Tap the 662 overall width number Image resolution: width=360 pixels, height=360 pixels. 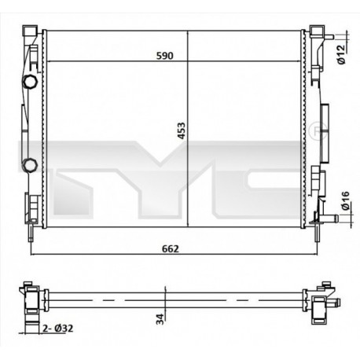pyautogui.click(x=171, y=249)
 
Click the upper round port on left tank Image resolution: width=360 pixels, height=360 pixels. pyautogui.click(x=30, y=82)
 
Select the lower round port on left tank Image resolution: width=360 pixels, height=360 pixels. pyautogui.click(x=30, y=164)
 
